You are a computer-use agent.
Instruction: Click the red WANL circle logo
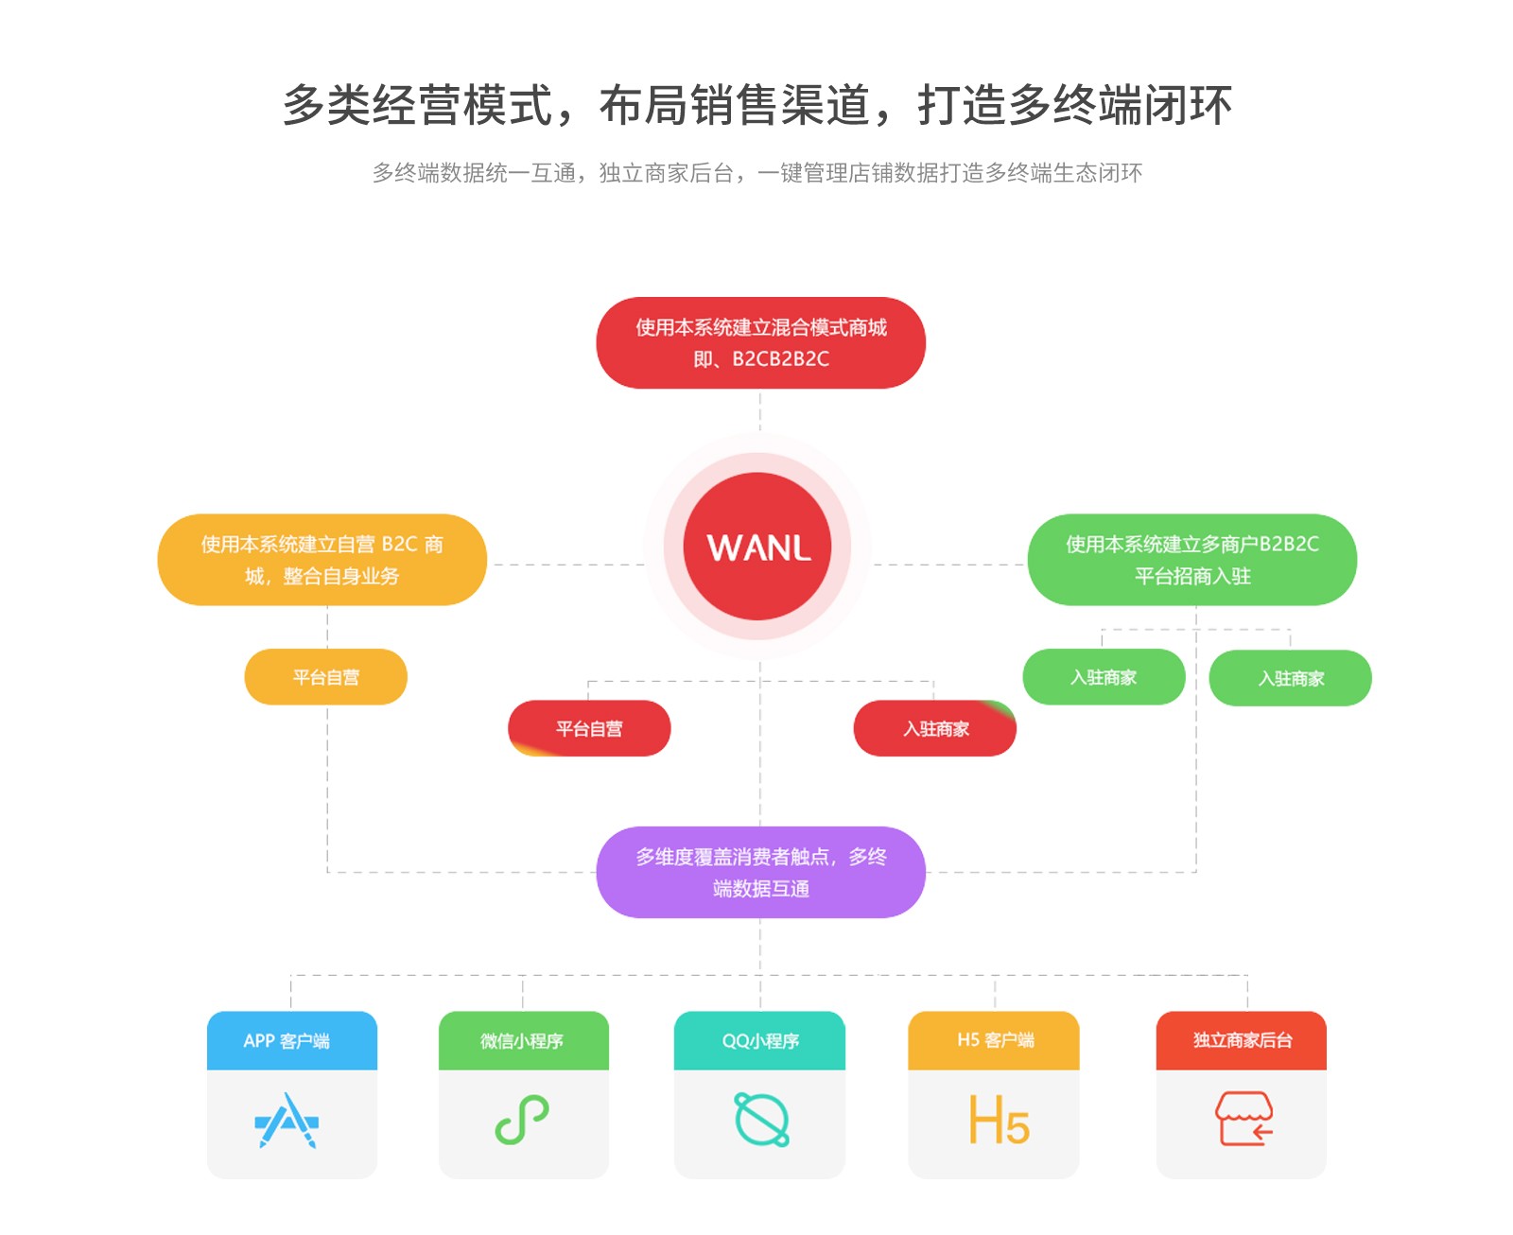(757, 547)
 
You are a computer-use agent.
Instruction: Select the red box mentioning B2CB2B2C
(760, 342)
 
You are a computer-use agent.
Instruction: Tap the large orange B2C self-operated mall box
(322, 560)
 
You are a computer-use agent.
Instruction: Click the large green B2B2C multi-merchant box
(1191, 560)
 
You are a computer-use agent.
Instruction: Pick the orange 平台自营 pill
(325, 677)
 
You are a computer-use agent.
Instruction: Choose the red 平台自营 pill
(589, 728)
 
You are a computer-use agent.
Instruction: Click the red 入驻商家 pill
(935, 728)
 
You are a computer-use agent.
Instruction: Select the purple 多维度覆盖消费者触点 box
(760, 872)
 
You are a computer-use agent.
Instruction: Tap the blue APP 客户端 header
(291, 1040)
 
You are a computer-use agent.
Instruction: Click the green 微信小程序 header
(523, 1040)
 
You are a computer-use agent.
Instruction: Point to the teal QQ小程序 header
(759, 1040)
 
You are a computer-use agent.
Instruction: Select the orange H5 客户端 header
(994, 1040)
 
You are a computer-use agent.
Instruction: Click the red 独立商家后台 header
(1242, 1040)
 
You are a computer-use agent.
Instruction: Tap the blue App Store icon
(287, 1121)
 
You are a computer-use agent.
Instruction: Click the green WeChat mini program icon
(522, 1120)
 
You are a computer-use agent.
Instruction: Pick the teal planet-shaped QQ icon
(761, 1120)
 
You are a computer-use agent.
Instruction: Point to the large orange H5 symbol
(998, 1121)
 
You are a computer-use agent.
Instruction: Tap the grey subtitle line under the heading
(756, 173)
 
